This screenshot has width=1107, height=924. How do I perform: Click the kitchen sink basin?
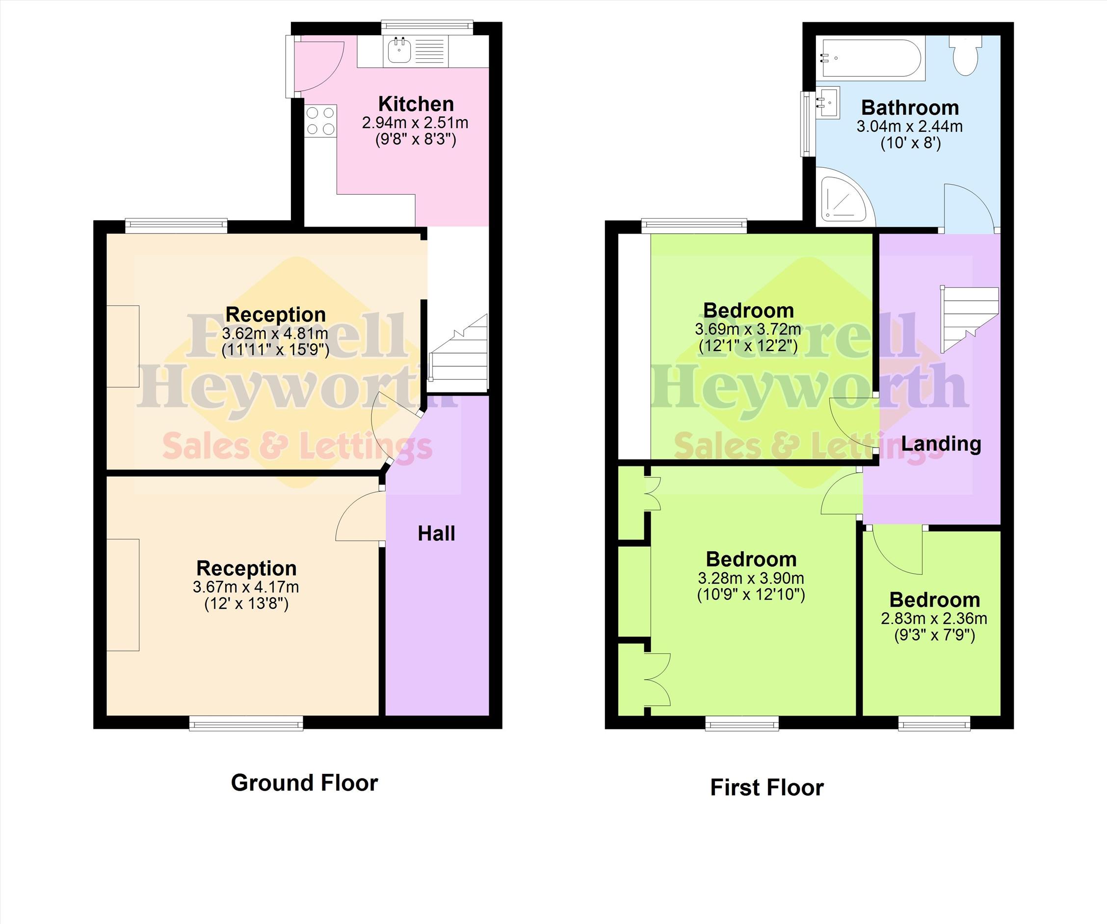coord(399,51)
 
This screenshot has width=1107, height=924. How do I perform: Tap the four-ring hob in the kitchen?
coord(320,121)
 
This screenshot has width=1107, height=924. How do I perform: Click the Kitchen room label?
coord(416,104)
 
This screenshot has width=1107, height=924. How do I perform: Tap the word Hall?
coord(437,534)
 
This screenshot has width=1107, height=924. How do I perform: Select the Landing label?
coord(941,443)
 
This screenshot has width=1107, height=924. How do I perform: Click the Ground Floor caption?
coord(305,783)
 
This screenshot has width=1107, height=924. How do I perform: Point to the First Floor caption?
coord(767,788)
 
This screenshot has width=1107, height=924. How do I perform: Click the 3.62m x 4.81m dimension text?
coord(275,334)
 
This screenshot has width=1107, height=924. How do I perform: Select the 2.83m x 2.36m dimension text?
coord(934,618)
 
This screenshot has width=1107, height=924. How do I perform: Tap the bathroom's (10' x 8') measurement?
coord(911,143)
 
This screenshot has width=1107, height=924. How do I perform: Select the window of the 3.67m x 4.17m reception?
coord(246,723)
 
